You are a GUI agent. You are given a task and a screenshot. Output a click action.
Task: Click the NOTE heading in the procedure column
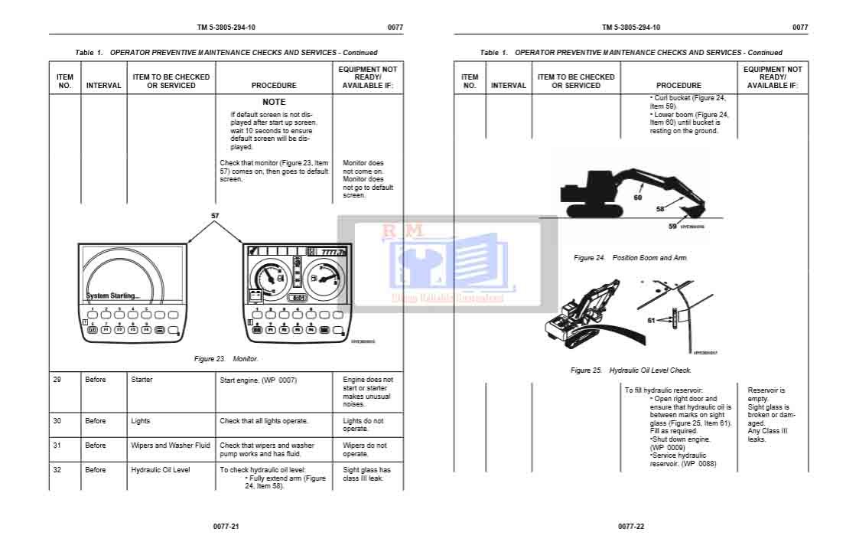(274, 102)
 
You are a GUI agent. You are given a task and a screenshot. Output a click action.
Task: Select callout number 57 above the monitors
(215, 216)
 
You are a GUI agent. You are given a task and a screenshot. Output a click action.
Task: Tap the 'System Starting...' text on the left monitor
(113, 295)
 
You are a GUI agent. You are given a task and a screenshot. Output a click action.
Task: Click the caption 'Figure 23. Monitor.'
(226, 358)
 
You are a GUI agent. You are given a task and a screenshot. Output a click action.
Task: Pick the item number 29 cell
(57, 380)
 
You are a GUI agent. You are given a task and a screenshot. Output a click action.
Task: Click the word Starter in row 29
(142, 380)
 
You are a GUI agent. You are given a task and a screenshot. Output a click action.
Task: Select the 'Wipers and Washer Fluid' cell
(170, 446)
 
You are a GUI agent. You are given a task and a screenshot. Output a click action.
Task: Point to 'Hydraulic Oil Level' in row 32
(160, 470)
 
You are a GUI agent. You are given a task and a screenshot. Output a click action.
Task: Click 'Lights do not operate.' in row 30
(363, 425)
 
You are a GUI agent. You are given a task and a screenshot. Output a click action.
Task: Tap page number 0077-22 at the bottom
(631, 527)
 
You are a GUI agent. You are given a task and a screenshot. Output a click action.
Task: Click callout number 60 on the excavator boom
(638, 198)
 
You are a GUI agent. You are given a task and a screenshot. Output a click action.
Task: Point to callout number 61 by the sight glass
(652, 321)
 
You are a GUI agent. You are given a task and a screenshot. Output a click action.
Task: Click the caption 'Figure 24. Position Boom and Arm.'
(630, 258)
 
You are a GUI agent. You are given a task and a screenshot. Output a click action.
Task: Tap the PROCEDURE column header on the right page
(678, 86)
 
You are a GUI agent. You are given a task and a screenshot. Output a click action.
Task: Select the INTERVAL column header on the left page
(103, 86)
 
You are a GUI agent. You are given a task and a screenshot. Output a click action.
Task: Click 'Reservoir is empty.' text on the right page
(766, 394)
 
